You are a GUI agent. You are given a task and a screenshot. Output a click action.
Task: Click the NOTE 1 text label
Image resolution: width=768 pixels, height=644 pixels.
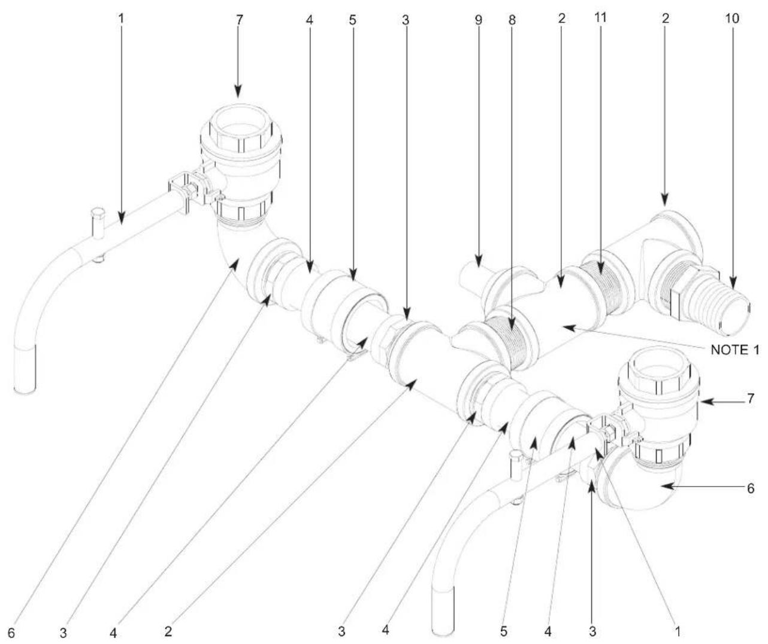735,350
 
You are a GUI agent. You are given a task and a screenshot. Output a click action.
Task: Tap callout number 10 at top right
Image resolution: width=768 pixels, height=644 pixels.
732,19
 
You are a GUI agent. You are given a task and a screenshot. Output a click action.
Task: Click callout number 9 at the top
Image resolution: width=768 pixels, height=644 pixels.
478,20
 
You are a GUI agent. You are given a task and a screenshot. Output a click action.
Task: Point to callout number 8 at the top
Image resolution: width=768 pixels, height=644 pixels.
512,20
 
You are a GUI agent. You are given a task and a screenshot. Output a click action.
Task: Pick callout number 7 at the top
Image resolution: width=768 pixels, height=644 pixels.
239,20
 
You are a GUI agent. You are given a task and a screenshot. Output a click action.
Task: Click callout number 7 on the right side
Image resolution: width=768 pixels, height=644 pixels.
751,398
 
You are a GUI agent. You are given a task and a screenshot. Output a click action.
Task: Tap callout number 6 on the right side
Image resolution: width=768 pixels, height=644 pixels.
751,488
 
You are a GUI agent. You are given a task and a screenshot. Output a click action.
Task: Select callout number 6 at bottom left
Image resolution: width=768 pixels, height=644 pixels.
11,633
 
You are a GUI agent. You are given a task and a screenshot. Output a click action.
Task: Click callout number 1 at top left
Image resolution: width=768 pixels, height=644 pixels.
121,19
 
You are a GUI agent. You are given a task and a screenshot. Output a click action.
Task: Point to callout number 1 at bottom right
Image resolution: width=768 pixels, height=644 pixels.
678,631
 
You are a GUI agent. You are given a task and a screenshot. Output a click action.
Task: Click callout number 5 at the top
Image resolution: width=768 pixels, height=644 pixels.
352,20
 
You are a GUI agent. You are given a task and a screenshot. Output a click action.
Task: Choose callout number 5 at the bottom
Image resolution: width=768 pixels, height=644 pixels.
504,631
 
